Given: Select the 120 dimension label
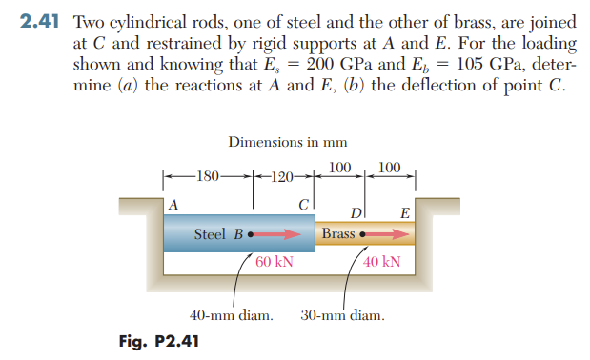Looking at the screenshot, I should pos(280,176).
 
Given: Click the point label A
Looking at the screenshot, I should pos(173,205).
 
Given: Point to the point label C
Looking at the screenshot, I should pos(303,205).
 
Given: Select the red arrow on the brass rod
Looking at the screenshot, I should pos(376,234).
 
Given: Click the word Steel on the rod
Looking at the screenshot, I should pos(211,234).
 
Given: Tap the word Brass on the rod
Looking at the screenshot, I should pos(338,234).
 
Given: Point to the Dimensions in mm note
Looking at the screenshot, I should pos(287,142).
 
